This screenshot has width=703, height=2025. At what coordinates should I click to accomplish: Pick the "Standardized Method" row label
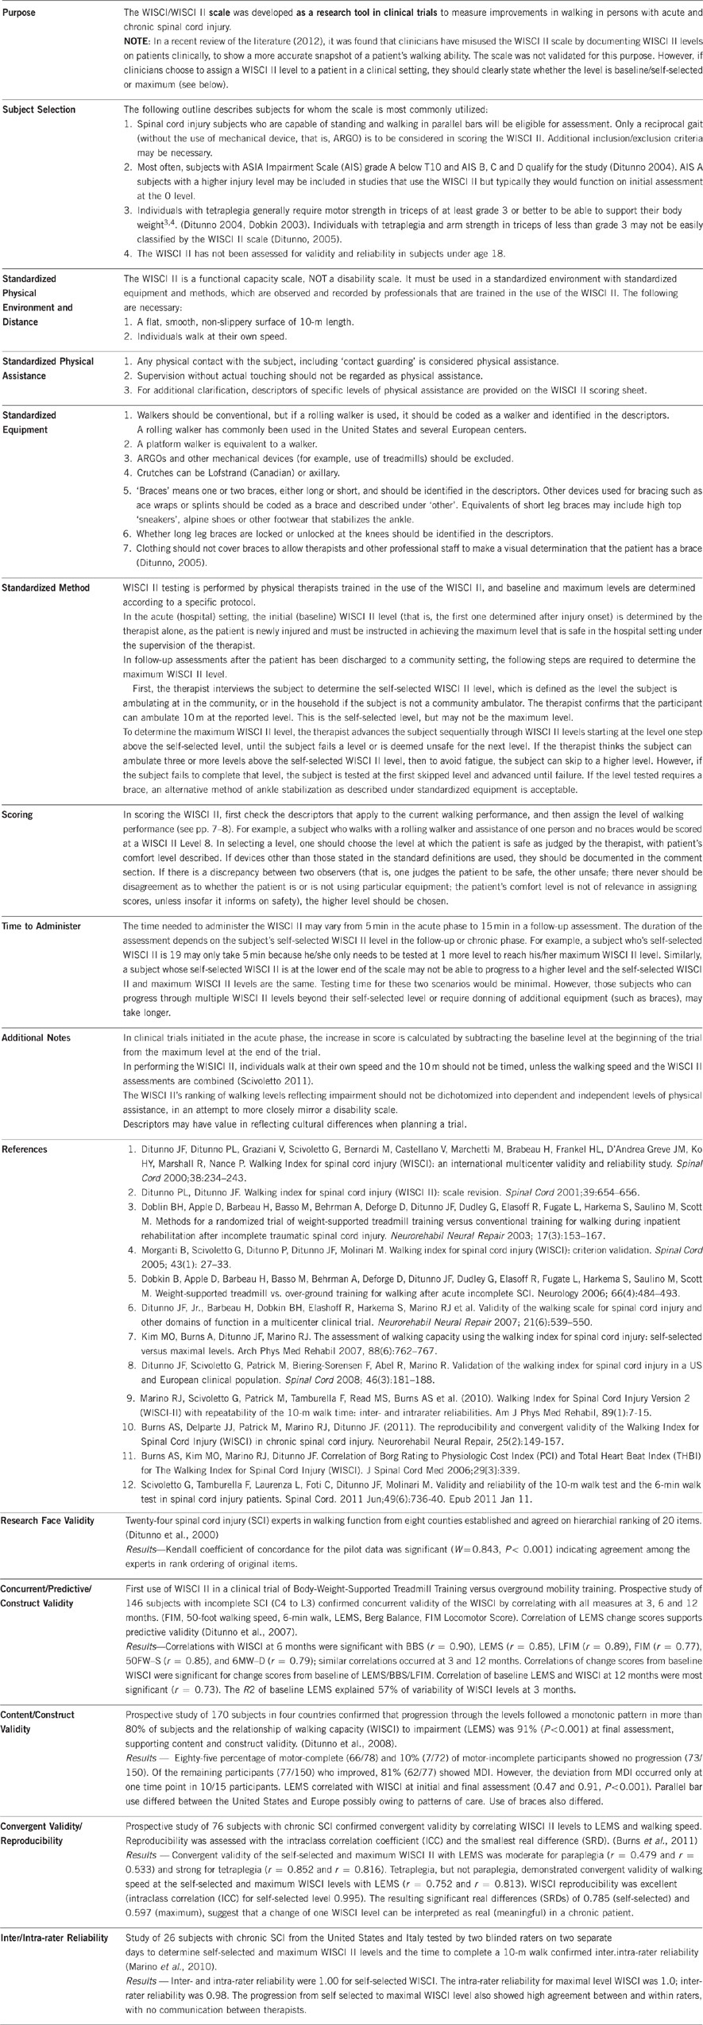[x=45, y=588]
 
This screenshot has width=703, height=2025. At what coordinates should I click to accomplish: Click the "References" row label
[x=25, y=1149]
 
